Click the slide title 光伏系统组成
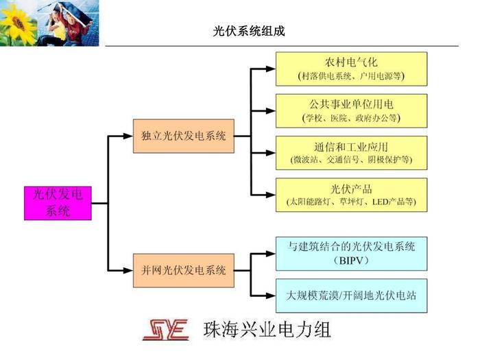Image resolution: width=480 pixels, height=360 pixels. [249, 32]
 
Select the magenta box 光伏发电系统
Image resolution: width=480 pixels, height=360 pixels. [58, 202]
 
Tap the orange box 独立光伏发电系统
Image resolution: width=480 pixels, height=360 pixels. [183, 136]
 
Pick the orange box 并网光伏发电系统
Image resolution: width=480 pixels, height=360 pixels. [183, 271]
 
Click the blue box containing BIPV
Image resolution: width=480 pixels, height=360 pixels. [350, 253]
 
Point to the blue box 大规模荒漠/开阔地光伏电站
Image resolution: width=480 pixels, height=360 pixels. [350, 296]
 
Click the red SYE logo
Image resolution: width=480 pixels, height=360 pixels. [166, 330]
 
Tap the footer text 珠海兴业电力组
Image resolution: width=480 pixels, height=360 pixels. [267, 330]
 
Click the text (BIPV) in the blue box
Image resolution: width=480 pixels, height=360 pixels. [350, 261]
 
